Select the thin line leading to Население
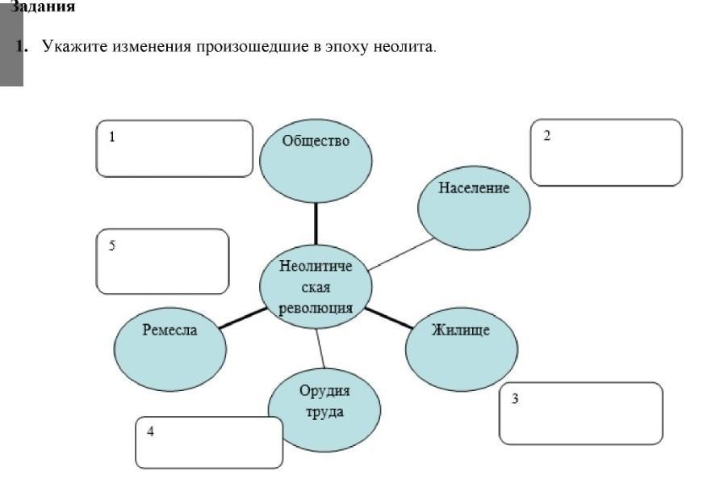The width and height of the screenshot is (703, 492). pos(400,253)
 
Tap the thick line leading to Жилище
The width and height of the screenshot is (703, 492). pos(389,317)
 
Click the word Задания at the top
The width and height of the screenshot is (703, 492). pos(45,7)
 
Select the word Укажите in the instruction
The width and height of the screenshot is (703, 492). pos(69,46)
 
